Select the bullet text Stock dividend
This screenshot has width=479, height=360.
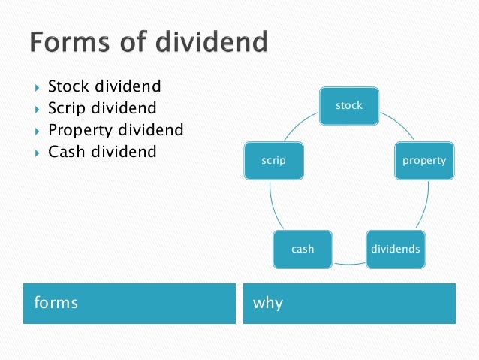pos(104,86)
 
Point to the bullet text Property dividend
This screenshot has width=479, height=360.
pos(115,129)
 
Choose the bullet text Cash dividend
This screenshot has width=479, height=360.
pos(102,151)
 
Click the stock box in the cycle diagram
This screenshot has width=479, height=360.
pos(349,106)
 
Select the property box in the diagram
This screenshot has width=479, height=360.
pos(423,160)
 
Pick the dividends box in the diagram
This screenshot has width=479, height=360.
pos(395,248)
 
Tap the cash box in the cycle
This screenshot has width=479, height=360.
pos(303,248)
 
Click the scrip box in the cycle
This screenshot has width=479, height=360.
pos(274,160)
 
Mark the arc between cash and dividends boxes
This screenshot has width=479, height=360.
pos(348,264)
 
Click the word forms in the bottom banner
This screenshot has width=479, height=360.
pos(56,303)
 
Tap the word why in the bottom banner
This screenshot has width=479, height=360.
pos(268,303)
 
